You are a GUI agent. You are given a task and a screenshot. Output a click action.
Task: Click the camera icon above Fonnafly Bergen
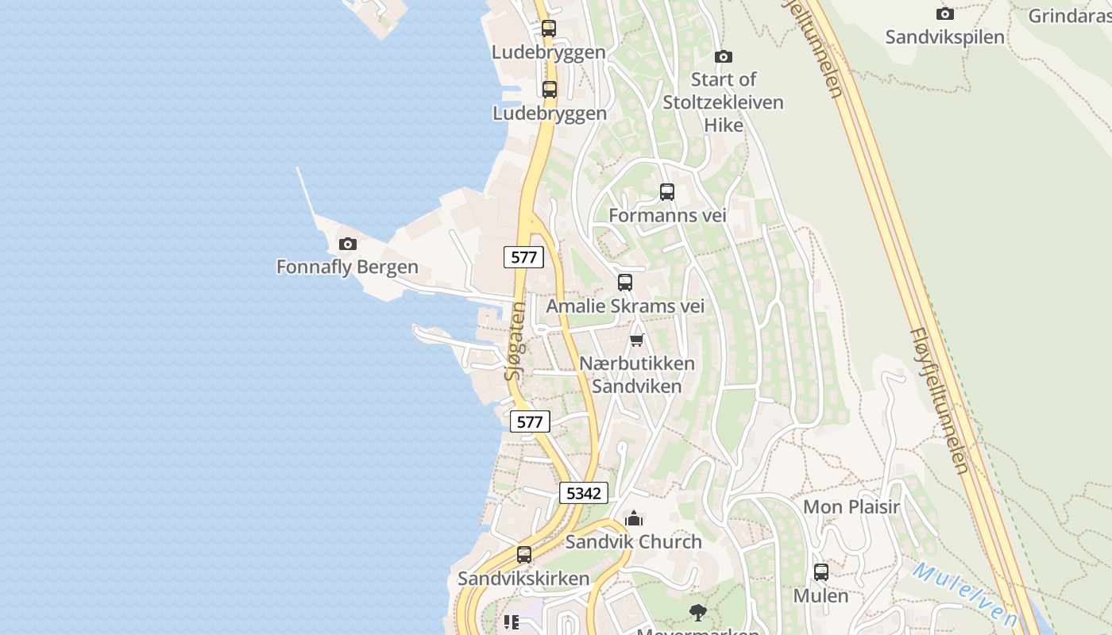[x=347, y=244]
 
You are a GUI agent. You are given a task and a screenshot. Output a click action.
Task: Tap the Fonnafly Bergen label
[x=347, y=267]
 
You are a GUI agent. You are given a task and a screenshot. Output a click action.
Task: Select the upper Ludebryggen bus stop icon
[x=548, y=29]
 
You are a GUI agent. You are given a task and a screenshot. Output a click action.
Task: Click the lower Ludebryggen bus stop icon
[x=549, y=90]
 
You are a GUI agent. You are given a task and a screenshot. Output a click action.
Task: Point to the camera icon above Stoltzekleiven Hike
[x=723, y=56]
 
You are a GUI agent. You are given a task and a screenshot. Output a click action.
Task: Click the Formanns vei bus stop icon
[x=666, y=192]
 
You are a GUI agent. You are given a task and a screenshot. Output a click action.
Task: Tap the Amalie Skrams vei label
[x=625, y=306]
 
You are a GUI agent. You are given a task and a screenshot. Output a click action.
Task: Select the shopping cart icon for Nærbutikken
[x=636, y=341]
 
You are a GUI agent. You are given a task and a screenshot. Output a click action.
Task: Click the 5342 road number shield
[x=583, y=493]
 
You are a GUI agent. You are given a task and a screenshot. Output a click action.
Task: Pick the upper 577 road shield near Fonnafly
[x=523, y=257]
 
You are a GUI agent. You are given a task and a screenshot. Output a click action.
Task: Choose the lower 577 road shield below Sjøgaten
[x=529, y=421]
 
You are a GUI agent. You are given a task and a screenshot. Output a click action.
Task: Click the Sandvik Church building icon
[x=633, y=519]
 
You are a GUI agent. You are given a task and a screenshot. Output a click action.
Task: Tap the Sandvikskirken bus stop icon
[x=523, y=555]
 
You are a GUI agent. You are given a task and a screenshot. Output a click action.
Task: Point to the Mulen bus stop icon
[x=821, y=571]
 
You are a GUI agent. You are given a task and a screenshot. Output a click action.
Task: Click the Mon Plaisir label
[x=851, y=506]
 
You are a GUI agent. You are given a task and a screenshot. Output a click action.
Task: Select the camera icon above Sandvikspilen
[x=944, y=13]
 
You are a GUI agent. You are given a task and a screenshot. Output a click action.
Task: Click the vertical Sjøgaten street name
[x=515, y=341]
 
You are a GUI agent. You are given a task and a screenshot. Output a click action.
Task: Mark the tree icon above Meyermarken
[x=697, y=612]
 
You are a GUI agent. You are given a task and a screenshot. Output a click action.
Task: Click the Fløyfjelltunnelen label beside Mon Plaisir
[x=940, y=401]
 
